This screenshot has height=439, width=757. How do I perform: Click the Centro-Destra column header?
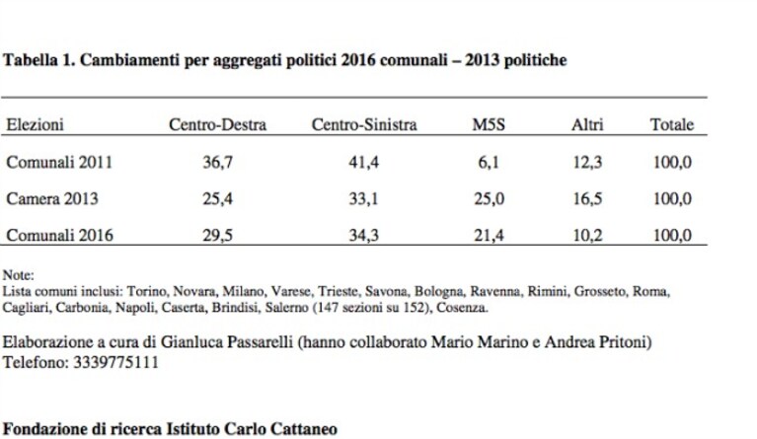pyautogui.click(x=217, y=124)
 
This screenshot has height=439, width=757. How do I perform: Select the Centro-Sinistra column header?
pyautogui.click(x=364, y=124)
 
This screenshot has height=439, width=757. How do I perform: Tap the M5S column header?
pyautogui.click(x=489, y=124)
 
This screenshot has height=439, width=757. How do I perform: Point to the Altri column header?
pyautogui.click(x=587, y=124)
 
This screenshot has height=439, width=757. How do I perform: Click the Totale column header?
pyautogui.click(x=672, y=124)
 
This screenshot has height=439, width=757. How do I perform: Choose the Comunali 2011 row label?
pyautogui.click(x=59, y=162)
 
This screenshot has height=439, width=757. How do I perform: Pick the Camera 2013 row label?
pyautogui.click(x=52, y=198)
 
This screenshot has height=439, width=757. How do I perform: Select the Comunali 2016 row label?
pyautogui.click(x=59, y=235)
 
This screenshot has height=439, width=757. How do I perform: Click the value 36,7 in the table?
pyautogui.click(x=217, y=162)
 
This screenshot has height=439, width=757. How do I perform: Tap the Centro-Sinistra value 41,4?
pyautogui.click(x=363, y=162)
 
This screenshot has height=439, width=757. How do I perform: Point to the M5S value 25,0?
pyautogui.click(x=489, y=198)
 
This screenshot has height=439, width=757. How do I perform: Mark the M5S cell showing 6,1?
pyautogui.click(x=489, y=162)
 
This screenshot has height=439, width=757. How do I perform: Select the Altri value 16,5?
pyautogui.click(x=587, y=198)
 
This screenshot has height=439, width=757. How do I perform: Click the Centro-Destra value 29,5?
pyautogui.click(x=217, y=236)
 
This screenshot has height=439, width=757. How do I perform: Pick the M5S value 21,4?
pyautogui.click(x=489, y=236)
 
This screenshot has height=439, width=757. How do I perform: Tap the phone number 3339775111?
pyautogui.click(x=115, y=362)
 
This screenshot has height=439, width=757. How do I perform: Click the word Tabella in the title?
pyautogui.click(x=30, y=60)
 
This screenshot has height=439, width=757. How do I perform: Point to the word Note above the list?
pyautogui.click(x=19, y=275)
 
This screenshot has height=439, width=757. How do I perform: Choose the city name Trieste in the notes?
pyautogui.click(x=338, y=291)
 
